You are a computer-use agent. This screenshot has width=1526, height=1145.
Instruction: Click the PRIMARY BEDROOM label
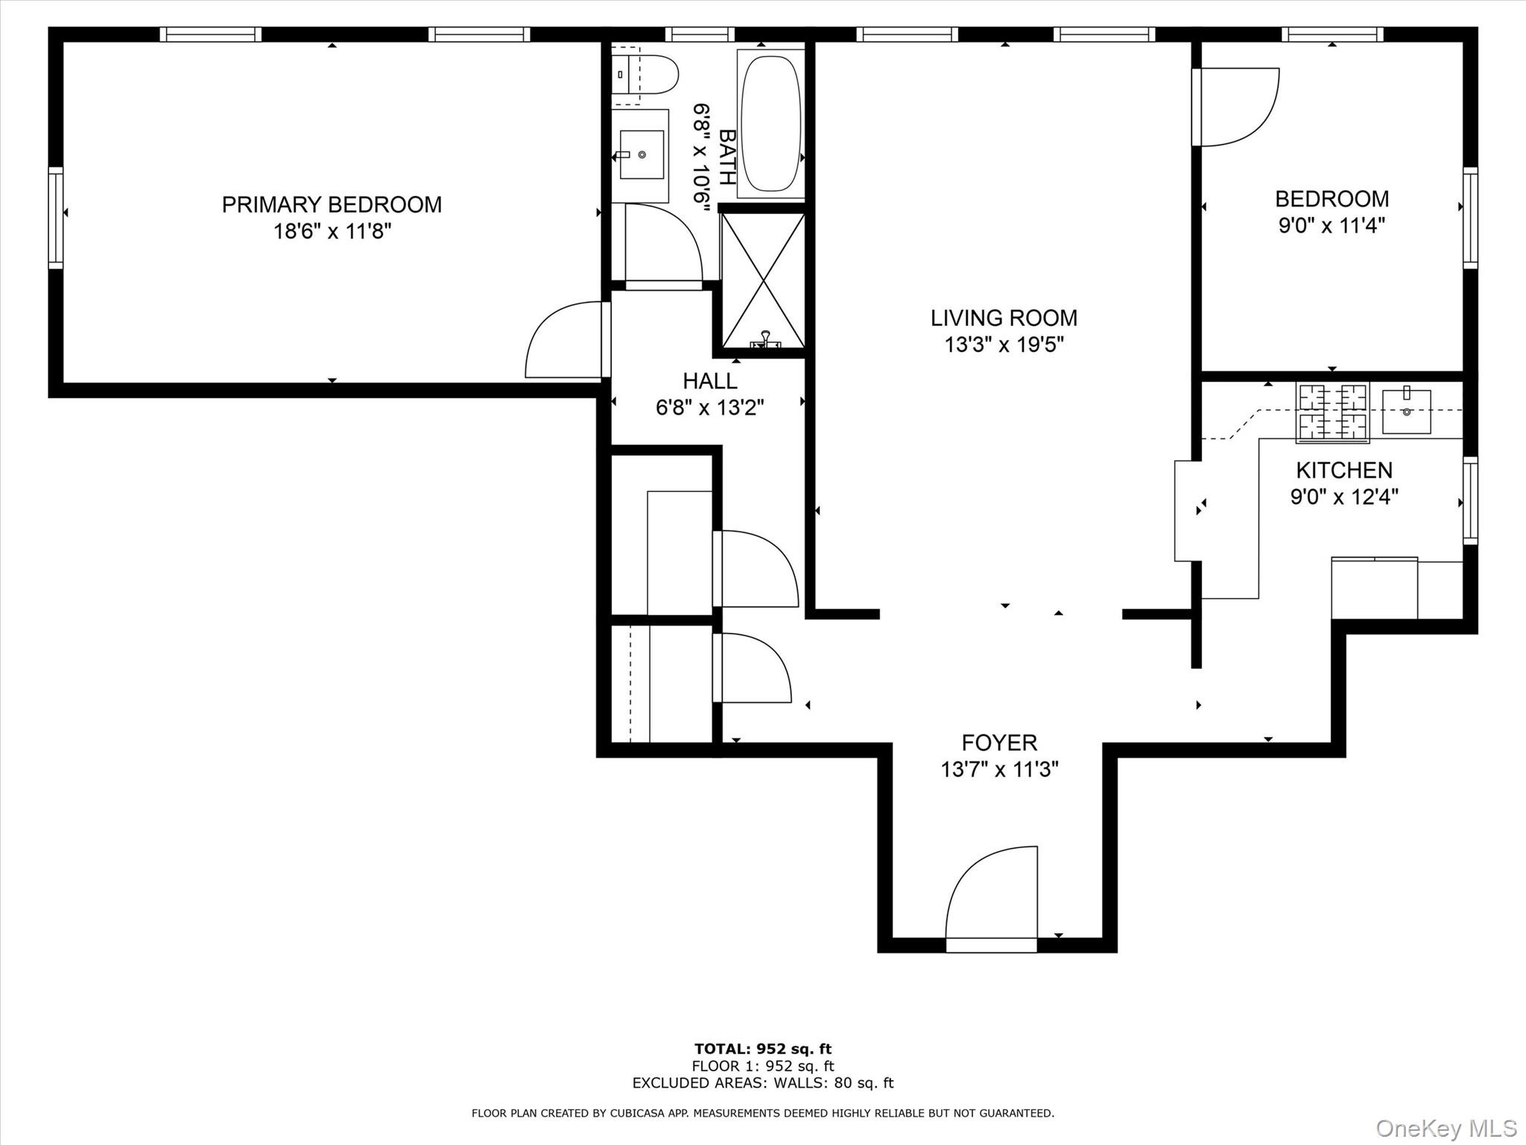[x=332, y=204]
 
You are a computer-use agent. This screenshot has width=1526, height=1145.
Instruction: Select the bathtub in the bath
[x=770, y=124]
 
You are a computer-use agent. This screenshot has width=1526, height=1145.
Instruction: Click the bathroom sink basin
[x=642, y=155]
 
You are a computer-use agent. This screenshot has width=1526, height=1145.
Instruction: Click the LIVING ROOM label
[x=1004, y=318]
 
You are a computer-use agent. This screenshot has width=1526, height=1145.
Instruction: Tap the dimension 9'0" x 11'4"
[x=1332, y=225]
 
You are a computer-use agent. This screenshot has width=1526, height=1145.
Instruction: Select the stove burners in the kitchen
[x=1332, y=411]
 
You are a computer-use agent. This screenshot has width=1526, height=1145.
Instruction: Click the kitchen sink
[x=1406, y=411]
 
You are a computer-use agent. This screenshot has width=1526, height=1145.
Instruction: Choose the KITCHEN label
[x=1344, y=470]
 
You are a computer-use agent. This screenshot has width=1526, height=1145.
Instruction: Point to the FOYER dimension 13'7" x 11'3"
[x=999, y=769]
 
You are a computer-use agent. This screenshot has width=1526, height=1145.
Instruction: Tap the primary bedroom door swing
[x=565, y=341]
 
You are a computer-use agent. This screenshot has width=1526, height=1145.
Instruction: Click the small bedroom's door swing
[x=1236, y=107]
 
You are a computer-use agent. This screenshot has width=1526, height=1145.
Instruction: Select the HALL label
[x=710, y=381]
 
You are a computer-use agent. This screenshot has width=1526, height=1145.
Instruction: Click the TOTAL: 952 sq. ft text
[x=762, y=1050]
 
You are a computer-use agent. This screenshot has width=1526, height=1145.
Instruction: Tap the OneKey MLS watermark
[x=1446, y=1128]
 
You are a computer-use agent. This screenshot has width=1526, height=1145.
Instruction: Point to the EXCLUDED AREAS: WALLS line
[x=762, y=1083]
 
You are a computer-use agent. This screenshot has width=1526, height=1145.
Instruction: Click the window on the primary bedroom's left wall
[x=56, y=218]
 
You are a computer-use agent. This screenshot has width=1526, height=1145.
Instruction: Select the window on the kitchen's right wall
[x=1470, y=499]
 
